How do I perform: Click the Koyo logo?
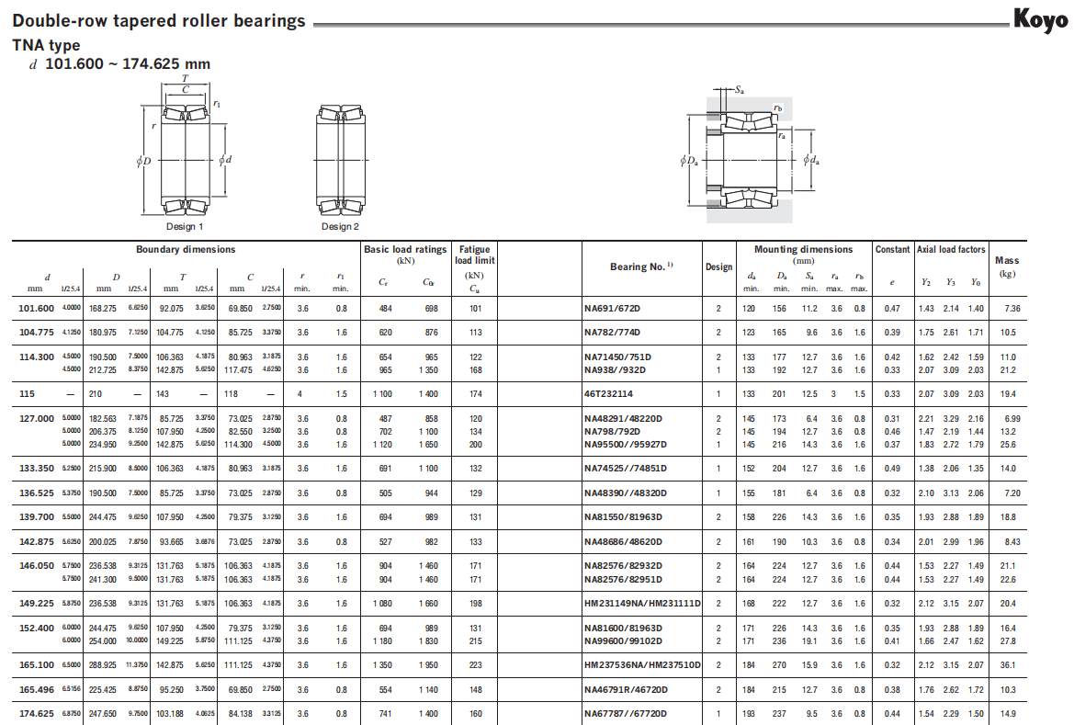coord(1040,19)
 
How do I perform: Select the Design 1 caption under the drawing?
coord(185,226)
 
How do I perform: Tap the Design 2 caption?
coord(340,226)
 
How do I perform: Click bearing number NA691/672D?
coord(612,309)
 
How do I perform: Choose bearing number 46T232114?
coord(608,394)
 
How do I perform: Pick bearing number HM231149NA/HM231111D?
coord(642,604)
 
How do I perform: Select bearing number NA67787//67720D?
coord(625,713)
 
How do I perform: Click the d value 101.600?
coord(37,309)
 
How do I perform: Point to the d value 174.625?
coord(37,713)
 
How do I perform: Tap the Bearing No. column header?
coord(641,266)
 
